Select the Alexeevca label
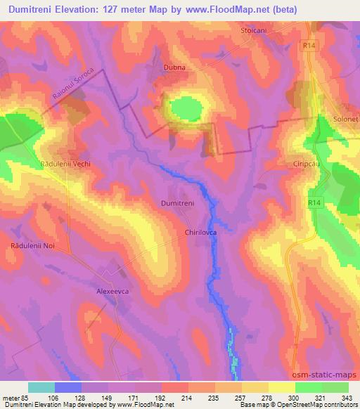[x=114, y=290]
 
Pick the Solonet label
[x=346, y=119]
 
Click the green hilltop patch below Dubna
[x=185, y=109]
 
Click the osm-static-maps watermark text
[x=326, y=375]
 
